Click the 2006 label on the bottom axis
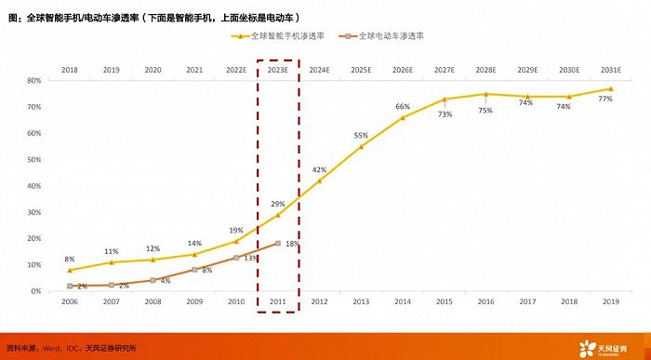[70, 303]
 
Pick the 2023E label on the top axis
[278, 70]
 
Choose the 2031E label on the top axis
[610, 70]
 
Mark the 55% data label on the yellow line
[361, 137]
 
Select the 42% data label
[319, 170]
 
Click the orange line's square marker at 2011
[278, 244]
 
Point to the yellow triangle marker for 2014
[403, 117]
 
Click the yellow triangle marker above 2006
[70, 270]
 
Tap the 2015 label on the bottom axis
[445, 303]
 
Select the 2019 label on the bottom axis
[610, 303]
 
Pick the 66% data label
[403, 107]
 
